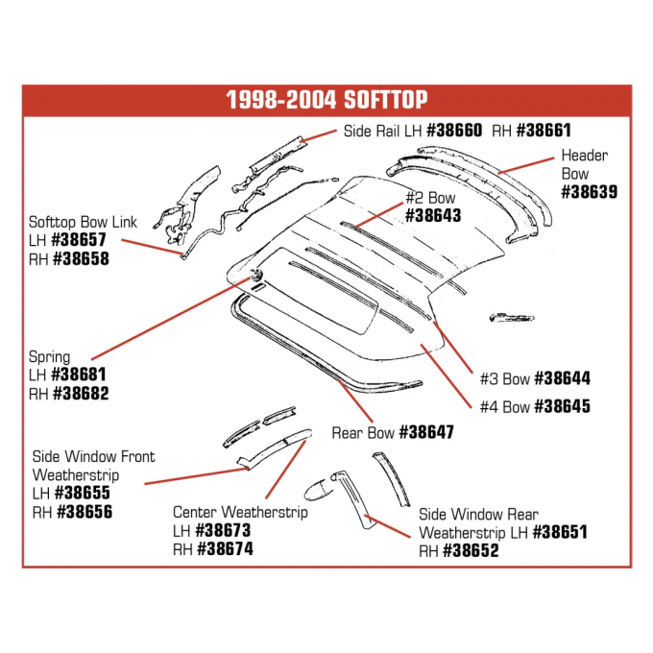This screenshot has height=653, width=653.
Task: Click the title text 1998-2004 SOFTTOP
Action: click(x=326, y=100)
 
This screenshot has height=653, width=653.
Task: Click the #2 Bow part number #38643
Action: click(x=433, y=216)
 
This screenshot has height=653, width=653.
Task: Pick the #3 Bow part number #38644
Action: click(x=562, y=378)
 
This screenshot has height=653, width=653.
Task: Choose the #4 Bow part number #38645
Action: click(x=562, y=406)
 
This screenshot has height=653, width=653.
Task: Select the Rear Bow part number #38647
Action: click(x=425, y=432)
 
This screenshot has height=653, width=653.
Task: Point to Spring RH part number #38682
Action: click(x=81, y=394)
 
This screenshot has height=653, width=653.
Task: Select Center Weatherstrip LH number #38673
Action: click(x=224, y=530)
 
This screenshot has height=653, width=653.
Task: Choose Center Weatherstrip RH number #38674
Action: click(x=226, y=549)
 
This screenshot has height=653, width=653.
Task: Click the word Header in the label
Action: click(x=584, y=156)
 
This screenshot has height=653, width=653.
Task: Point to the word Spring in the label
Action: click(x=50, y=357)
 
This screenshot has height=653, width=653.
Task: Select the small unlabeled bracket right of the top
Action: click(x=510, y=314)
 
